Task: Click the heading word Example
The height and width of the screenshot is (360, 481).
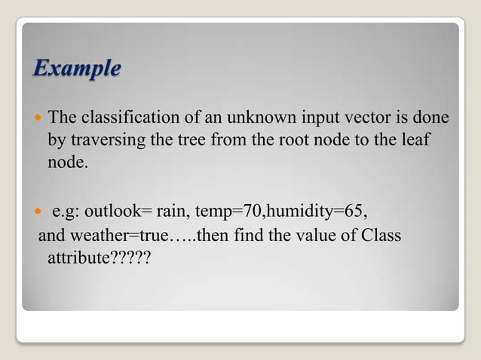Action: [77, 69]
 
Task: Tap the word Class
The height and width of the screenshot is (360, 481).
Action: [381, 236]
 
